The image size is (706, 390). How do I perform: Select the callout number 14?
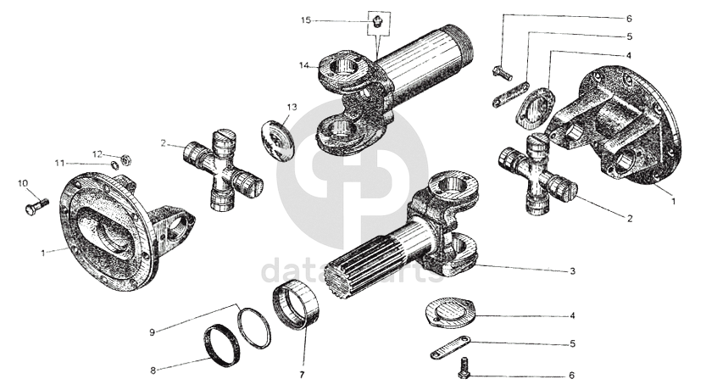click(303, 64)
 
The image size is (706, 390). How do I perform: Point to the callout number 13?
click(292, 108)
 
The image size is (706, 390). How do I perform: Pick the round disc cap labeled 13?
click(277, 139)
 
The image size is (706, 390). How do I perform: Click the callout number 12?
click(97, 153)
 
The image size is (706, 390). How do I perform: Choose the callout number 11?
click(83, 163)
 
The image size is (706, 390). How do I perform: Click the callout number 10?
click(22, 182)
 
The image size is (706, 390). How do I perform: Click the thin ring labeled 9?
click(254, 328)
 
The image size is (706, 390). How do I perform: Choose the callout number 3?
click(573, 271)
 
